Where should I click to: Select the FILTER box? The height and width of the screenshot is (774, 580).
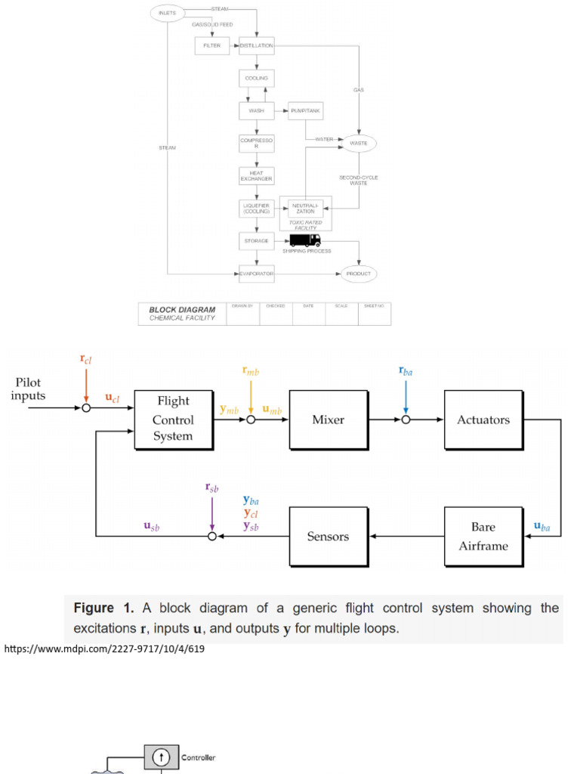click(x=211, y=46)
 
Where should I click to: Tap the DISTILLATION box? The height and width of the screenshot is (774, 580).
click(x=256, y=46)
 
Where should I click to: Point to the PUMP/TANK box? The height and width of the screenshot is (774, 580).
click(x=305, y=110)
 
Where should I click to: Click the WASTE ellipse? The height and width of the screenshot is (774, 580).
click(x=359, y=142)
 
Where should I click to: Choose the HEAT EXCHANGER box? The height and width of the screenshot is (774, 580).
click(x=256, y=175)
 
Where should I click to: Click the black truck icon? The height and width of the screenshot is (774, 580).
click(x=306, y=240)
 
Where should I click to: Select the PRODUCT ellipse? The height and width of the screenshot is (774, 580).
click(x=359, y=273)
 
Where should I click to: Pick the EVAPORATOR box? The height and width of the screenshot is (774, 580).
click(x=256, y=273)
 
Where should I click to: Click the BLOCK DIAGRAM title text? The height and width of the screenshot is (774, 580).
click(x=182, y=310)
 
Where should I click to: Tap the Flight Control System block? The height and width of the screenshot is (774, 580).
click(x=173, y=419)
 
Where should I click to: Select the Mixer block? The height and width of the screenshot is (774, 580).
click(x=329, y=420)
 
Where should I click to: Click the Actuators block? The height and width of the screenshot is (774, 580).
click(x=483, y=420)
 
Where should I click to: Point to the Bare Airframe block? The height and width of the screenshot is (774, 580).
click(x=483, y=536)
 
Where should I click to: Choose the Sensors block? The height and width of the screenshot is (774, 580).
click(x=329, y=537)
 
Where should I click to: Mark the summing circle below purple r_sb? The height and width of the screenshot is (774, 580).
click(x=212, y=537)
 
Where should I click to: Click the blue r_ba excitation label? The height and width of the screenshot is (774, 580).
click(x=406, y=370)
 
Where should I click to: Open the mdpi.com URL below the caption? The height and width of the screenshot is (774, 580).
click(x=105, y=649)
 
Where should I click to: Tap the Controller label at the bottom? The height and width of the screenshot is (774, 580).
click(x=199, y=757)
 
